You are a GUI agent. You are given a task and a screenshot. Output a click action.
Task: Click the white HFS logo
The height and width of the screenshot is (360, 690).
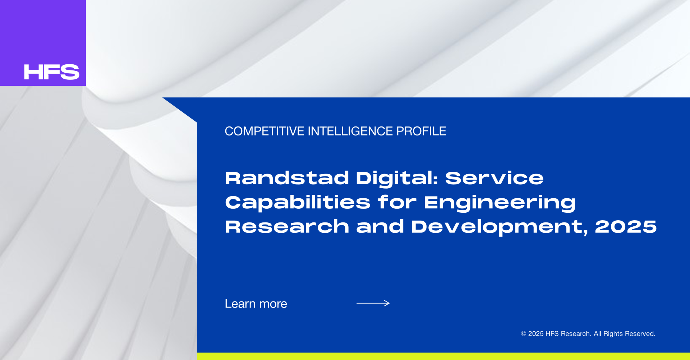pyautogui.click(x=51, y=72)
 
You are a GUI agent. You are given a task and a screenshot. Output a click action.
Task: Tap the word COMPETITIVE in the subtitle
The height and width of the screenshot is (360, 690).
pyautogui.click(x=264, y=131)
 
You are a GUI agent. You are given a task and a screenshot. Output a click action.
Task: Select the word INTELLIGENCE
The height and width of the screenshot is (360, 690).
pyautogui.click(x=350, y=131)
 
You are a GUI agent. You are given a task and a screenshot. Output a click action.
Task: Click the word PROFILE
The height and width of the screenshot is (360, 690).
pyautogui.click(x=421, y=131)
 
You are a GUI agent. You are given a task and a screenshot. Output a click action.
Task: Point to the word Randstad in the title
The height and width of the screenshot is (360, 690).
pyautogui.click(x=287, y=178)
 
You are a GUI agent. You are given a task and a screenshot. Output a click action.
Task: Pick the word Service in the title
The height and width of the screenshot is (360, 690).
pyautogui.click(x=494, y=178)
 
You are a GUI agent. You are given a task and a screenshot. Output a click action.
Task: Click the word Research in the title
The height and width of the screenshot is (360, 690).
pyautogui.click(x=287, y=227)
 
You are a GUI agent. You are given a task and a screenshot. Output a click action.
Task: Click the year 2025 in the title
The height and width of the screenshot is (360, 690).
pyautogui.click(x=626, y=227)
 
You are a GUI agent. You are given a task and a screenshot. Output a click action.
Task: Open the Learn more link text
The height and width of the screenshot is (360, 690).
pyautogui.click(x=256, y=304)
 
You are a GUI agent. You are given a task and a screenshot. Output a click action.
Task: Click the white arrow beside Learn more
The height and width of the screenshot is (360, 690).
pyautogui.click(x=373, y=303)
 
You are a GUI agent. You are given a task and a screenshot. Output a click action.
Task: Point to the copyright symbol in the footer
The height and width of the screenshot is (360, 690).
pyautogui.click(x=524, y=334)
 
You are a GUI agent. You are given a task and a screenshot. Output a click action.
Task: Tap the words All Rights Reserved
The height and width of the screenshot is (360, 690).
pyautogui.click(x=625, y=334)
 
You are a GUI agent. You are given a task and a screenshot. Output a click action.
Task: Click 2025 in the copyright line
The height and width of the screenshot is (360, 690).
pyautogui.click(x=536, y=334)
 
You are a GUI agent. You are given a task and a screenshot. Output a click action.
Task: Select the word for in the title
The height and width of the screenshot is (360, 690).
pyautogui.click(x=397, y=202)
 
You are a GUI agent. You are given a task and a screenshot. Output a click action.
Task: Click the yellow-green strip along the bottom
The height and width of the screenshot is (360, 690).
pyautogui.click(x=443, y=356)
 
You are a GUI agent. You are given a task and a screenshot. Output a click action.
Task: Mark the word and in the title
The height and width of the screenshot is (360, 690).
pyautogui.click(x=380, y=227)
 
